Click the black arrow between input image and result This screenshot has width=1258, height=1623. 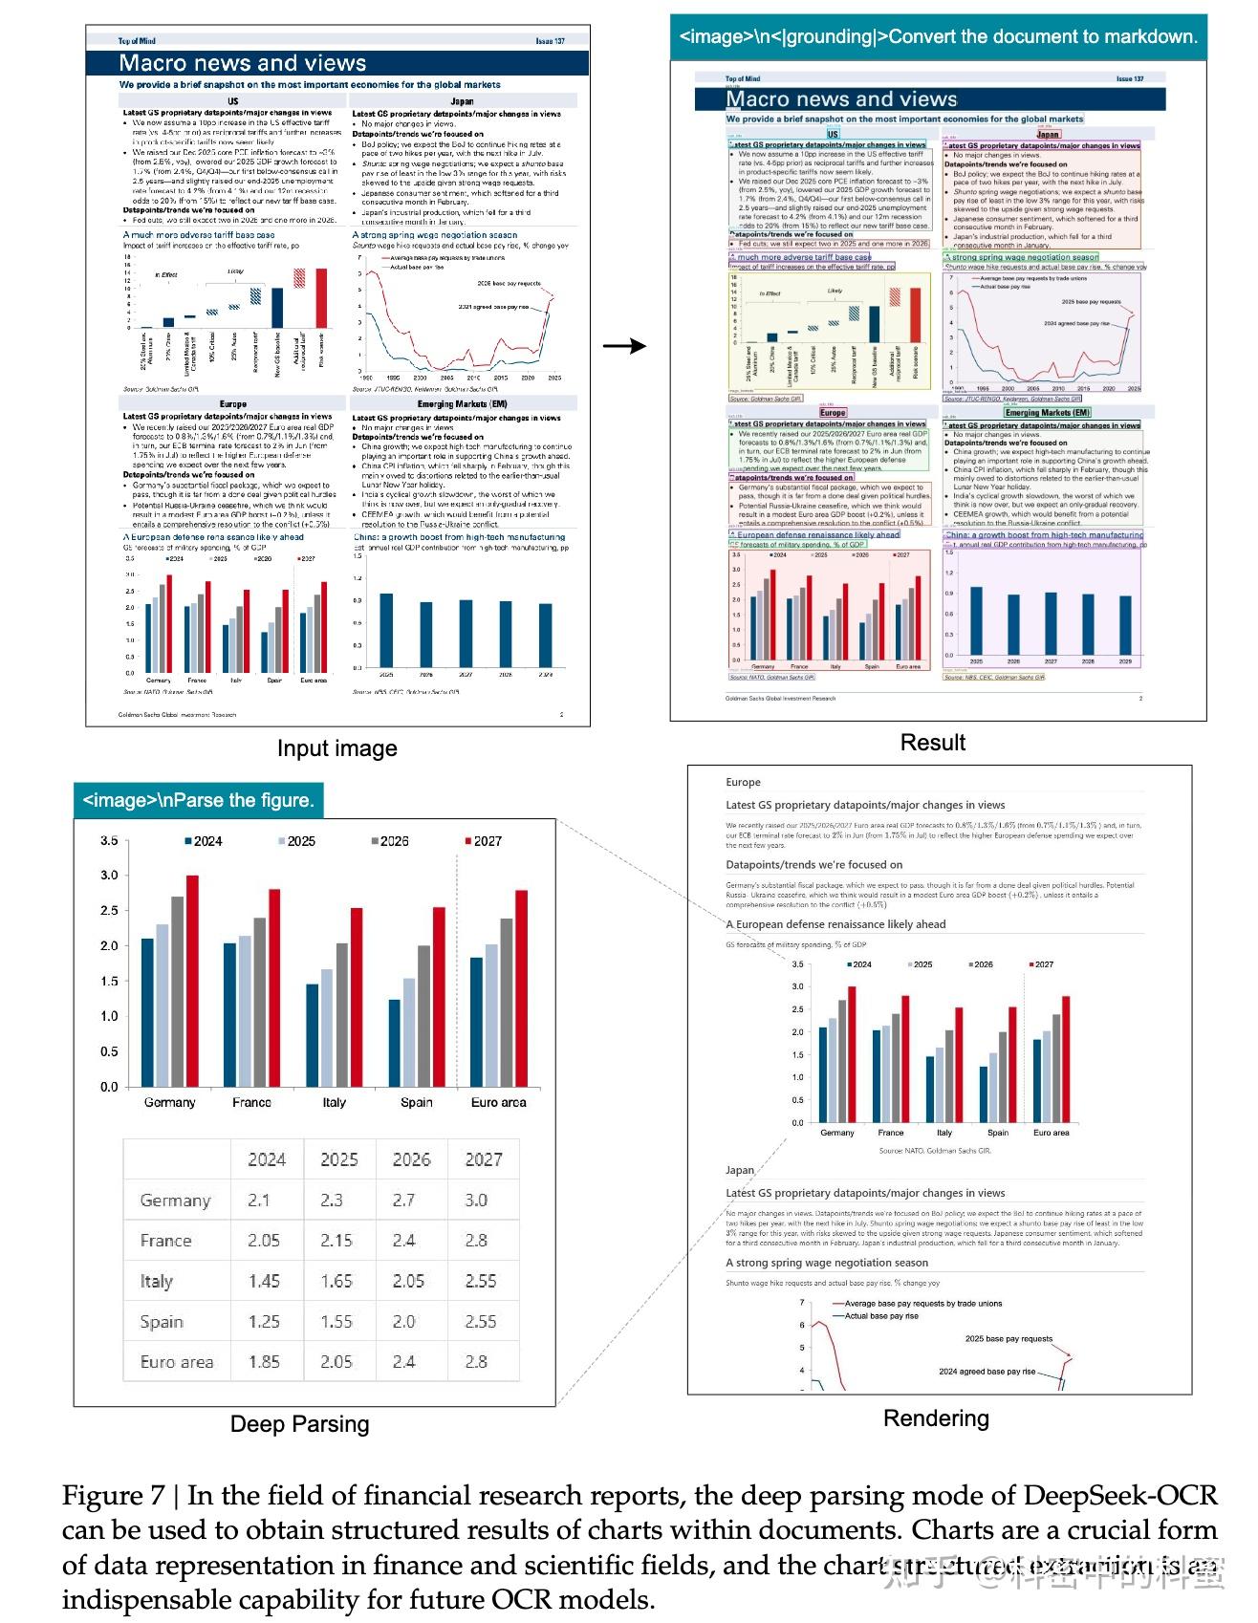coord(625,346)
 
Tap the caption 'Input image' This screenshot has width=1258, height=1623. coord(336,748)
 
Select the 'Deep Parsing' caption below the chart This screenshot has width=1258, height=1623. coord(299,1424)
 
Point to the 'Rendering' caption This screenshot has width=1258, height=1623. coord(936,1418)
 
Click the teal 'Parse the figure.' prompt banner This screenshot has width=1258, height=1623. coord(199,800)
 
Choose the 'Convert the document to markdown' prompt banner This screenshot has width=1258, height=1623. coord(938,37)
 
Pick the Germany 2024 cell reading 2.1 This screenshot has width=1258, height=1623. coord(259,1200)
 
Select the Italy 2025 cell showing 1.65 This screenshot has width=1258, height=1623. coord(336,1281)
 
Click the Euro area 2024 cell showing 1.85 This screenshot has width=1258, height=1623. coord(264,1361)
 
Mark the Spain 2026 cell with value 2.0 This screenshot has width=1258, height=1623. coord(404,1321)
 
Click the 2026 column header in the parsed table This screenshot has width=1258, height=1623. coord(411,1159)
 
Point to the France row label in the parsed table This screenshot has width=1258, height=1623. coord(165,1241)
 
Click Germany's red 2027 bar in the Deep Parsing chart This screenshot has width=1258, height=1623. coord(192,980)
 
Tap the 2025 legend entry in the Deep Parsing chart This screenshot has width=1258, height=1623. coord(296,841)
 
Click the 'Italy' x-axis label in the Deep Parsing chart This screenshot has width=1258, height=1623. coord(334,1102)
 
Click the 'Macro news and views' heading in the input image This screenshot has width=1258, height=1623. coord(243,63)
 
